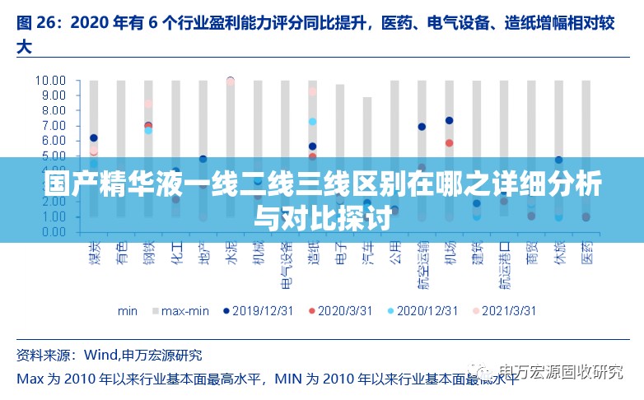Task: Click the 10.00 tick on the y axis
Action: pos(50,81)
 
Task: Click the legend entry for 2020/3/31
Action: pos(339,311)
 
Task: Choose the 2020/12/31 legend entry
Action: pos(421,311)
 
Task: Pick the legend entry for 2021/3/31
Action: pos(503,311)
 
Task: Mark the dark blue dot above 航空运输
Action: pos(422,127)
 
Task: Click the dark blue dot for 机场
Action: pos(449,121)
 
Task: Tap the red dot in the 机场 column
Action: pos(449,143)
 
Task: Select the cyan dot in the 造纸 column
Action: pos(312,122)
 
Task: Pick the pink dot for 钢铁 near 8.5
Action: pos(148,104)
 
